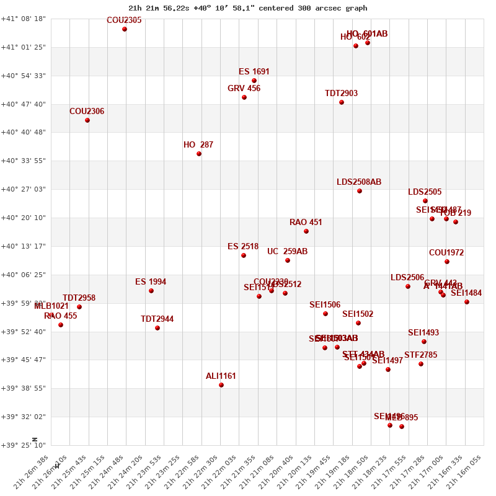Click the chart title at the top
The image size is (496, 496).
[247, 8]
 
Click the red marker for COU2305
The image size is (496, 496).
[125, 29]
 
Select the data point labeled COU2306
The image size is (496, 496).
[87, 120]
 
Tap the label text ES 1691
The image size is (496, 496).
[254, 72]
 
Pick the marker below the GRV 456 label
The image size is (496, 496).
[244, 97]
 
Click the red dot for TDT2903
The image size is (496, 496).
[342, 102]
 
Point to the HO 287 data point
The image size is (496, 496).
[199, 154]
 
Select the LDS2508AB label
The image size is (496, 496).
[359, 182]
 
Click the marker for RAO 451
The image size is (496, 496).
[306, 231]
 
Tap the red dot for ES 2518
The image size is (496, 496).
[244, 255]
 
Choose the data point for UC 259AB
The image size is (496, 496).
[288, 260]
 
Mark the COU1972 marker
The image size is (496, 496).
[447, 262]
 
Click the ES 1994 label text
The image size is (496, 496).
[151, 282]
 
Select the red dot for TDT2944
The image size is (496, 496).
[157, 328]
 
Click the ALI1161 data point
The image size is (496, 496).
[221, 385]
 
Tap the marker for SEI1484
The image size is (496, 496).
[467, 302]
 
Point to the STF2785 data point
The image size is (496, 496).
[421, 364]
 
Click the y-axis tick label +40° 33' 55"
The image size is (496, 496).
[24, 161]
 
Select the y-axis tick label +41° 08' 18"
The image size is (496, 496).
[24, 19]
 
